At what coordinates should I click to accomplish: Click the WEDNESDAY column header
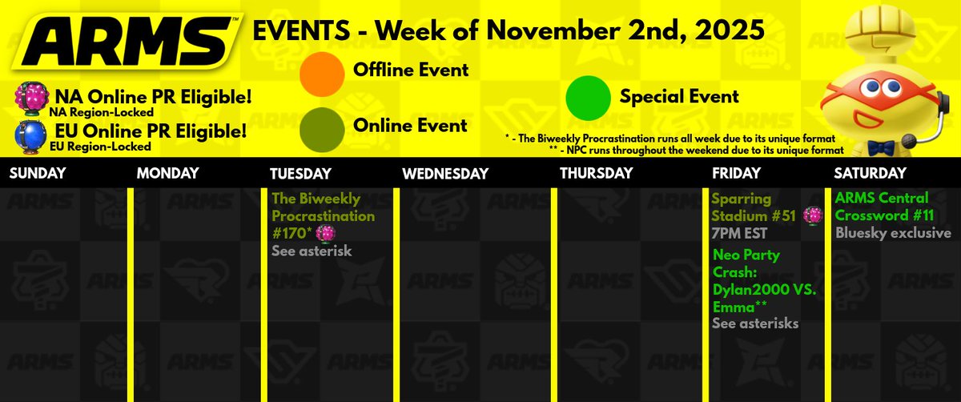tap(445, 174)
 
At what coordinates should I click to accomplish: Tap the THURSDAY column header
tap(596, 174)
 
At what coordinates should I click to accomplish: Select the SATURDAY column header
tap(870, 174)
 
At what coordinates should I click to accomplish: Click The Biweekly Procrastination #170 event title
tap(323, 215)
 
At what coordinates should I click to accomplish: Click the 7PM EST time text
tap(739, 234)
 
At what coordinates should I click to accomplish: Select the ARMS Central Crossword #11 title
tap(881, 206)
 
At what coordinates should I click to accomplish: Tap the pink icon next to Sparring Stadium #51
tap(812, 215)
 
